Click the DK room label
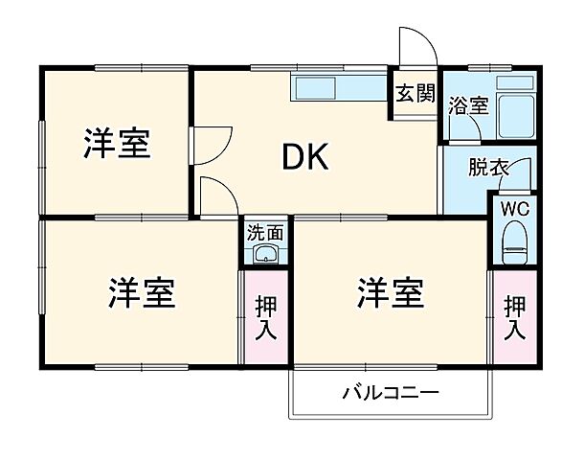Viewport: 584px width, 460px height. click(304, 156)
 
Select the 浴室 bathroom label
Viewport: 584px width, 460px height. click(468, 105)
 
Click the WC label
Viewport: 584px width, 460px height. click(514, 207)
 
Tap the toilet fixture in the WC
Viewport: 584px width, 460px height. click(515, 242)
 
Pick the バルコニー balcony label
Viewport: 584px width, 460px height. click(390, 393)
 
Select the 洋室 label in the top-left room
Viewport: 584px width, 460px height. click(116, 146)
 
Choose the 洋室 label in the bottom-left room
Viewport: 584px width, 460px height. click(141, 293)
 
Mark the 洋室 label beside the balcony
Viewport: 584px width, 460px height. click(390, 293)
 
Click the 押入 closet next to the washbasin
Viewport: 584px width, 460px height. click(265, 317)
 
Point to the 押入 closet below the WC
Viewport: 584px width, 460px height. click(515, 317)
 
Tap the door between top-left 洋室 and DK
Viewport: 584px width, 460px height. click(209, 143)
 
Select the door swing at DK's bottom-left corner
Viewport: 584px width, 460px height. click(217, 195)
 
